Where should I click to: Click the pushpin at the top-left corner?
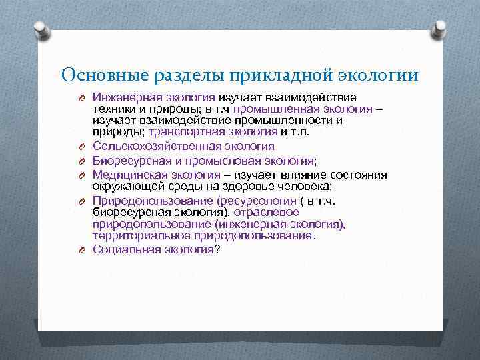[41, 30]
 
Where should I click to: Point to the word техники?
[113, 109]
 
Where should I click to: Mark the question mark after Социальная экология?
[217, 249]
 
